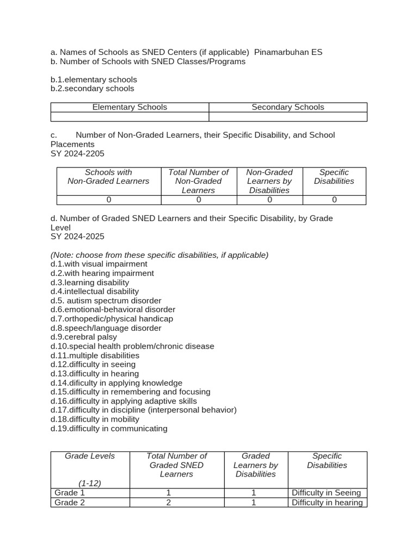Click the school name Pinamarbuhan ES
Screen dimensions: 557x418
tap(288, 52)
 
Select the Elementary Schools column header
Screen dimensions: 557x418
tap(130, 107)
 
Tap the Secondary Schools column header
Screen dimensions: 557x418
tap(287, 107)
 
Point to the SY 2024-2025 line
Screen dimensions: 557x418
tap(77, 237)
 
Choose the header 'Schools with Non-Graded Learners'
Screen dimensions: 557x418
tap(108, 177)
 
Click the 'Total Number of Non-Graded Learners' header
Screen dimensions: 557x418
tap(199, 181)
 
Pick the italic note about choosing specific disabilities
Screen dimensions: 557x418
tap(159, 255)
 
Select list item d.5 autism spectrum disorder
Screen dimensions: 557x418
tap(106, 301)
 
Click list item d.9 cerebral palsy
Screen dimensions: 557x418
tap(84, 337)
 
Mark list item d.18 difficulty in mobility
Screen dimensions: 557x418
tap(95, 419)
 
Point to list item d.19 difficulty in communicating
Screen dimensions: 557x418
tap(109, 429)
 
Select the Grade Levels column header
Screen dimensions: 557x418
tap(90, 456)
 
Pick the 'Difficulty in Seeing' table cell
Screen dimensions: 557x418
tap(327, 493)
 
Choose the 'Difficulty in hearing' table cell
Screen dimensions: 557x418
tap(327, 503)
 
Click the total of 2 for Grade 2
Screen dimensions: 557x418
tap(169, 503)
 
